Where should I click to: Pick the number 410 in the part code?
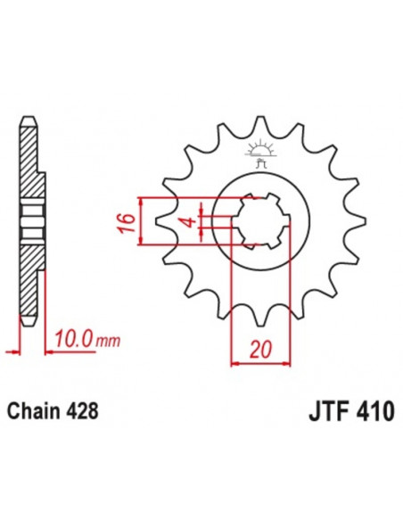click(x=365, y=415)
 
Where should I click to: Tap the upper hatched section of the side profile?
click(x=29, y=165)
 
